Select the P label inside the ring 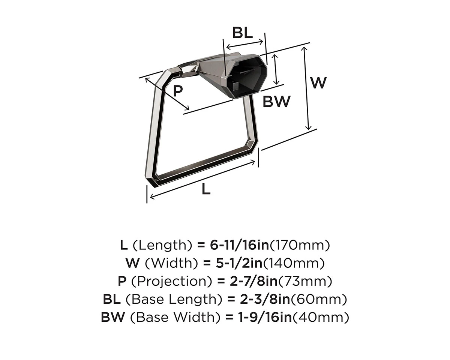click(178, 91)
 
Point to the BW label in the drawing click(276, 102)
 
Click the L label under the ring click(206, 189)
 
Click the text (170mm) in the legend click(300, 246)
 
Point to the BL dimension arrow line click(245, 43)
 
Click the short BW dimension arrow click(276, 70)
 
